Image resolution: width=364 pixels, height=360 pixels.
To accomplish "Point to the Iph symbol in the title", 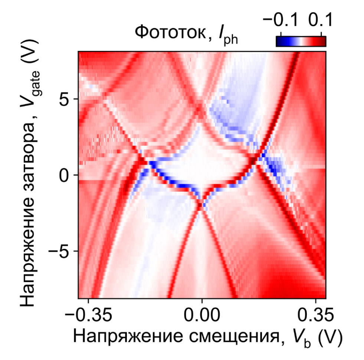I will click(x=226, y=34).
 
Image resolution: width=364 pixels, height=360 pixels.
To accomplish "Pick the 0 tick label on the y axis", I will click(x=66, y=175).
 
